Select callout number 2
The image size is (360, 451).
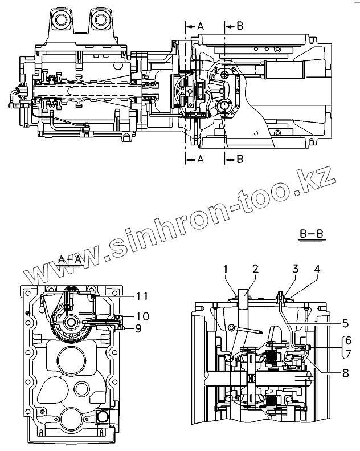click(256, 268)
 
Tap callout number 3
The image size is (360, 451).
click(296, 268)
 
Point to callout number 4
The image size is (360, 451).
click(316, 268)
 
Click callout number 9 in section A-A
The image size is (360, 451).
click(138, 327)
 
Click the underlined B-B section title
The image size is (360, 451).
click(311, 234)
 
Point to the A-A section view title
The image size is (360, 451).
click(69, 259)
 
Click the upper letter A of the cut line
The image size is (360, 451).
click(200, 26)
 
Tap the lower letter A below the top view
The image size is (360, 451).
click(200, 160)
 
